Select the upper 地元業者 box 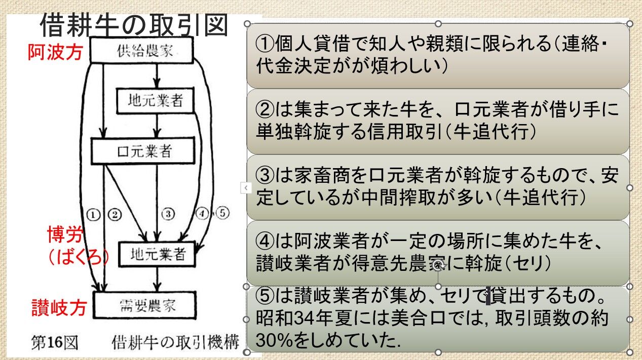pyautogui.click(x=155, y=101)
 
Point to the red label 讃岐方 pyautogui.click(x=59, y=308)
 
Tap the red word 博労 pyautogui.click(x=64, y=235)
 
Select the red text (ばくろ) pyautogui.click(x=79, y=257)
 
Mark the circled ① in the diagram pyautogui.click(x=93, y=215)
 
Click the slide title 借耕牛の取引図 pyautogui.click(x=134, y=25)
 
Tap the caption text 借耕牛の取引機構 pyautogui.click(x=175, y=343)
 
